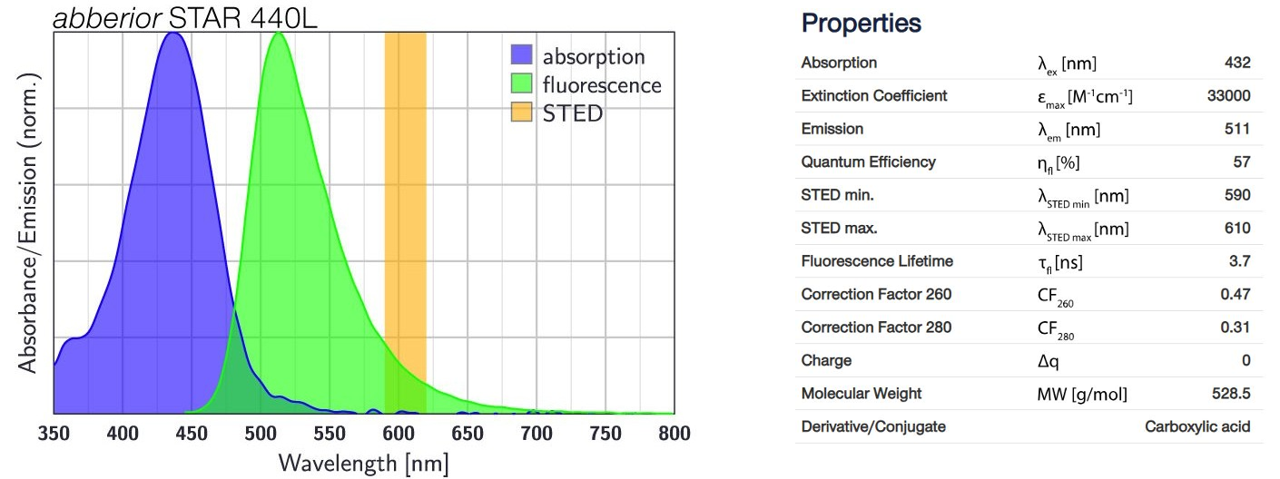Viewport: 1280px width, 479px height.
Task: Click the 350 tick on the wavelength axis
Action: pos(54,432)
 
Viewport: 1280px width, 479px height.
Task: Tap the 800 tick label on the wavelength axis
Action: pos(672,432)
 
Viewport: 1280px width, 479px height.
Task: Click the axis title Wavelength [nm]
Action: pos(363,463)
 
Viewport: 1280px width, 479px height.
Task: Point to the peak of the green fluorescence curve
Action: pos(279,34)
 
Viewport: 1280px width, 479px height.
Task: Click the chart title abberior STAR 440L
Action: pos(185,17)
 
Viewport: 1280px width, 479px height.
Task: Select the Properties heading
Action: pos(862,24)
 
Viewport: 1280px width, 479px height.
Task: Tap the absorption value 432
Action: pos(1237,63)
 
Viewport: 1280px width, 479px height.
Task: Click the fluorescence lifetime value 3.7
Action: pos(1240,261)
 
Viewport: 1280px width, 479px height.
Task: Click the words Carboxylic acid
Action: pos(1197,426)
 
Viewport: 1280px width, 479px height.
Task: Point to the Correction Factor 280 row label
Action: pos(876,327)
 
